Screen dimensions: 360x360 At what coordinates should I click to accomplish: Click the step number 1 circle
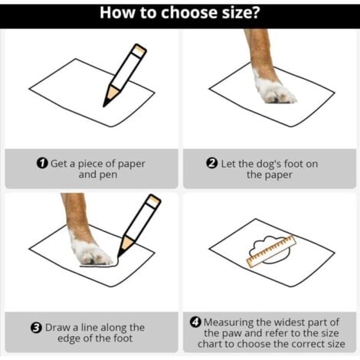click(x=42, y=163)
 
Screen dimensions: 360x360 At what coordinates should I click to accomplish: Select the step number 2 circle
click(x=212, y=163)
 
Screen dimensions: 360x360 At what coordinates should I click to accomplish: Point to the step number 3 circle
click(x=36, y=328)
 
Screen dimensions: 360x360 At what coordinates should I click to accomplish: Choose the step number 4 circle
click(x=195, y=322)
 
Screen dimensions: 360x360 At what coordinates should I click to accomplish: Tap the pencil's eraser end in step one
click(x=139, y=50)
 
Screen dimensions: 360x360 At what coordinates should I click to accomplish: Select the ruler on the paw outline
click(x=271, y=251)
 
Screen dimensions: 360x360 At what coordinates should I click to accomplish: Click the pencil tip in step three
click(x=119, y=254)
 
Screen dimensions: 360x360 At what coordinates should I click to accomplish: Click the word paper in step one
click(x=131, y=164)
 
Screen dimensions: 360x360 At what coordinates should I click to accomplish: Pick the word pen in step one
click(x=108, y=175)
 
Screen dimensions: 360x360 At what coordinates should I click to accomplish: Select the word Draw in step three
click(x=58, y=328)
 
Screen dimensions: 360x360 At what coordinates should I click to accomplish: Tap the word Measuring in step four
click(x=228, y=322)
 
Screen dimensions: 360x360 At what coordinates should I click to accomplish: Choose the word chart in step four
click(x=210, y=344)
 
